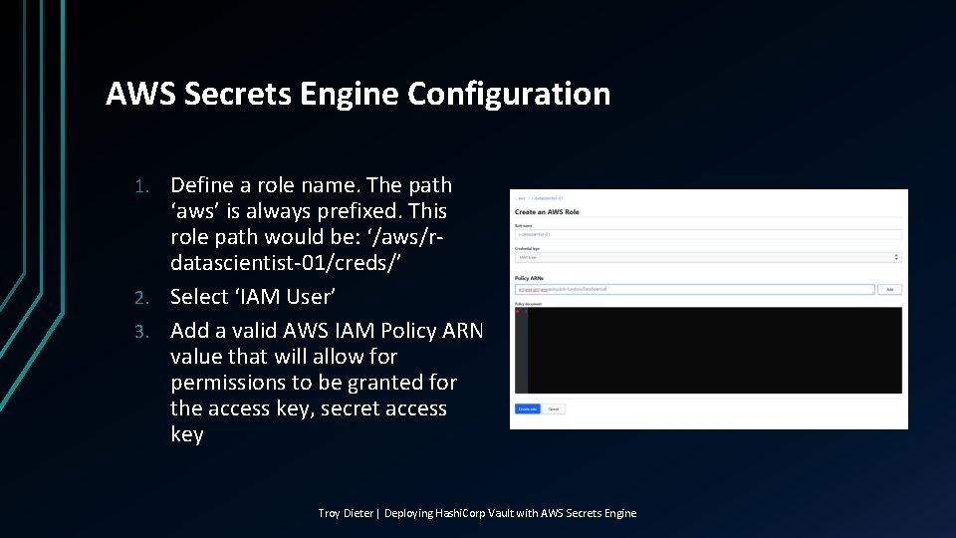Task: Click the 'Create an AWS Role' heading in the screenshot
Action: [x=547, y=212]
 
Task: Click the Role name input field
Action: [x=707, y=234]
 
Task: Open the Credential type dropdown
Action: [x=707, y=257]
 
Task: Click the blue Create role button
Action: [x=527, y=408]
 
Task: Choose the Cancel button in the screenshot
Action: [x=554, y=408]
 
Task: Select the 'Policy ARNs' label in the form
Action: [x=529, y=278]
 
